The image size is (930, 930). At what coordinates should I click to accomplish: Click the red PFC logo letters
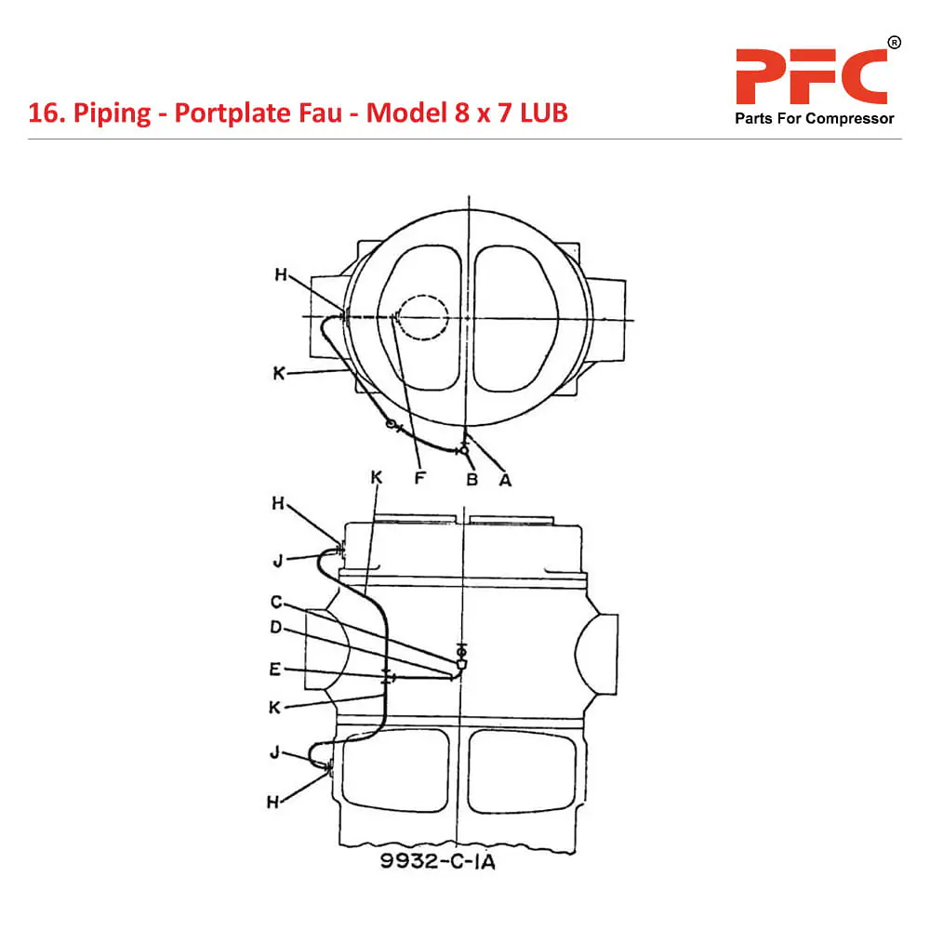point(811,77)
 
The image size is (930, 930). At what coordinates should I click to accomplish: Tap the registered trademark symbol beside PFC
point(894,43)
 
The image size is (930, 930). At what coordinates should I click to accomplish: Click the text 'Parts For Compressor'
point(815,119)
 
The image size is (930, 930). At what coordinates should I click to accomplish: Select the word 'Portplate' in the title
point(258,113)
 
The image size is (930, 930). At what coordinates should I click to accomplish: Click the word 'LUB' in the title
point(544,113)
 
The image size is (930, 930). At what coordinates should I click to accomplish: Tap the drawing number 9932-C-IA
point(438,861)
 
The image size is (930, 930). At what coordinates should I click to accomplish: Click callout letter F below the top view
point(420,478)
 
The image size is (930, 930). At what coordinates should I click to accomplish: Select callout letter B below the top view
point(472,479)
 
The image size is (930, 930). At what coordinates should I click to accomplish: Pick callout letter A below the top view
point(505,480)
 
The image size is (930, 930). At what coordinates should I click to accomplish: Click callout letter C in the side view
point(276,602)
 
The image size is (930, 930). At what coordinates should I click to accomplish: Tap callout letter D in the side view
point(276,628)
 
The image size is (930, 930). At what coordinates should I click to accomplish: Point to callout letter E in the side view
point(274,670)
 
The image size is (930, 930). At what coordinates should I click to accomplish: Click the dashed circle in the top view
point(423,295)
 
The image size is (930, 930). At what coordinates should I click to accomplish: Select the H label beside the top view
point(281,274)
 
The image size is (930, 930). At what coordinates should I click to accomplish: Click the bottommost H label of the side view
point(272,803)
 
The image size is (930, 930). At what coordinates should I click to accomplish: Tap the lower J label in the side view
point(274,752)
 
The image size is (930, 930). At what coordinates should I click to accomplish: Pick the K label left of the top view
point(279,374)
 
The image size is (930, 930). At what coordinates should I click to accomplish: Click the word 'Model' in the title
point(406,113)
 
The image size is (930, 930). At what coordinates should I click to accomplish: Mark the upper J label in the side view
point(278,560)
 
